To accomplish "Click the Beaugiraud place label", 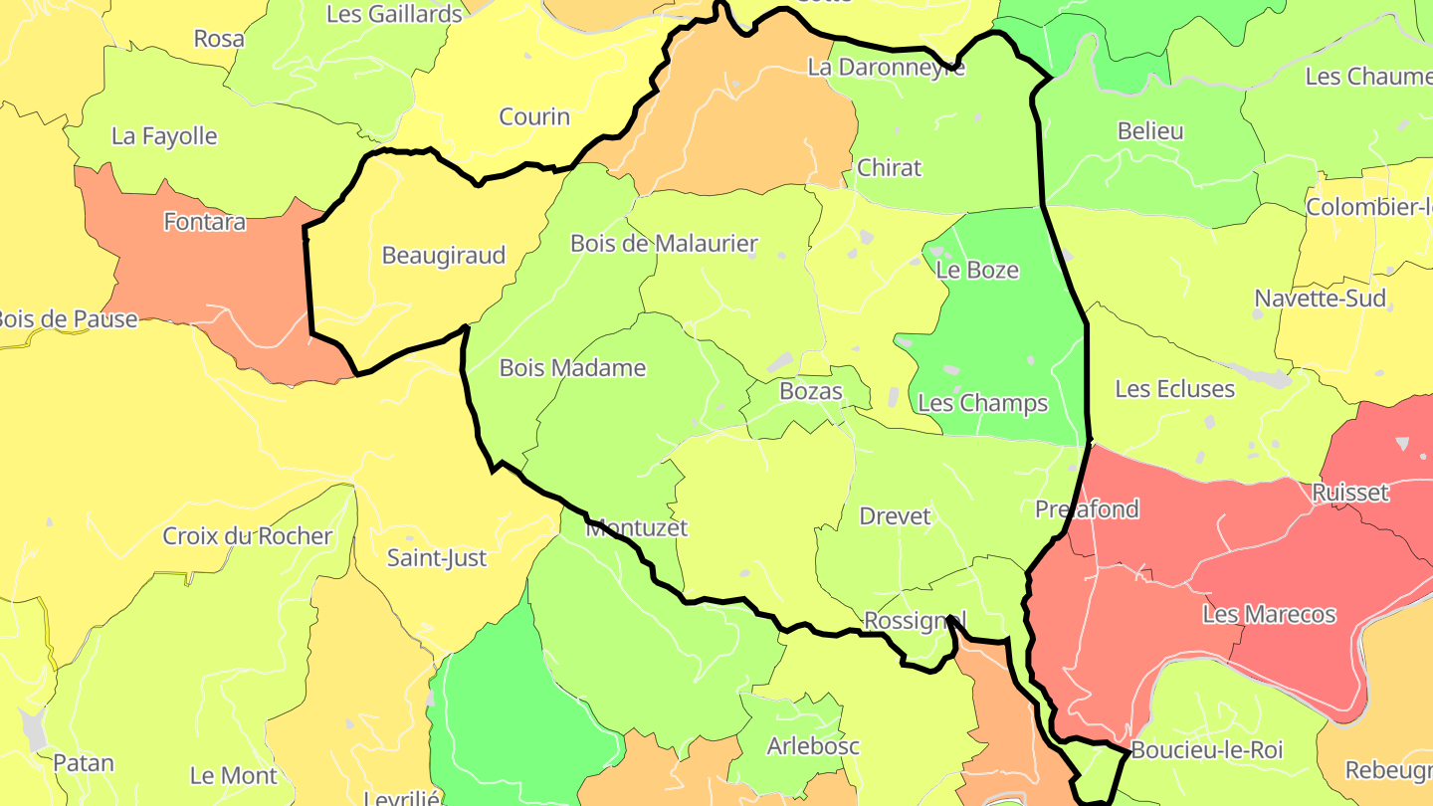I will tap(444, 256).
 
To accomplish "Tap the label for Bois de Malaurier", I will tap(664, 244).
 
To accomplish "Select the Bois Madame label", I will tap(572, 368).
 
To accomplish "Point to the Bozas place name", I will tap(811, 391).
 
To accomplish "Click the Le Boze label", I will tap(978, 270).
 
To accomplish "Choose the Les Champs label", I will tap(982, 403).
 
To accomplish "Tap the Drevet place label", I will tap(895, 516).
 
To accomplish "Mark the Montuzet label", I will tap(637, 527).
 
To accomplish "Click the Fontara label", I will tap(205, 222).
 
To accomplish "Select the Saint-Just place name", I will tap(437, 558).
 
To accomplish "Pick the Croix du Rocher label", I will tap(248, 536).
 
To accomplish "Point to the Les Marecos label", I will tap(1269, 615).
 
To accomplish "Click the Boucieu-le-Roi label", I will tap(1207, 750).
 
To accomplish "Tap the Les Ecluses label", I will tap(1174, 389).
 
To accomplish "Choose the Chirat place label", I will tap(890, 168).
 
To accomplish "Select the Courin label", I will tap(534, 117).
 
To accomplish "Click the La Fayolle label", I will tap(164, 136).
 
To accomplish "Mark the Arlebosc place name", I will tap(813, 746).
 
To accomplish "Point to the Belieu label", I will tap(1150, 131).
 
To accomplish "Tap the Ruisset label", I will tap(1349, 493).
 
